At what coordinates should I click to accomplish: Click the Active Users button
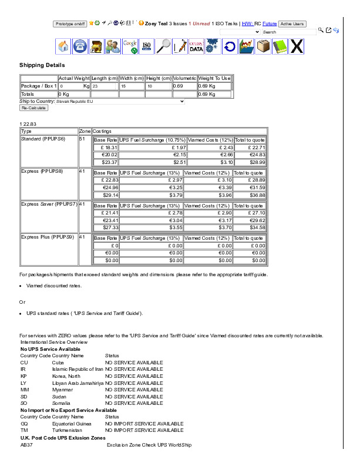pos(292,24)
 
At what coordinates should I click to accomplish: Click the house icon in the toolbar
pos(63,46)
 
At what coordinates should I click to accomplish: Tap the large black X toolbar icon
pos(297,46)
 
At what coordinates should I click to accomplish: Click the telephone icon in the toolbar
pos(80,46)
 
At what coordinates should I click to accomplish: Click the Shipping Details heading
pos(42,65)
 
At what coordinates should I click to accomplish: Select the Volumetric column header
pos(184,78)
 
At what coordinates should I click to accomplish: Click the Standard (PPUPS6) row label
pos(43,139)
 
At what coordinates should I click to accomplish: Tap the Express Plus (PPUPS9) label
pos(48,237)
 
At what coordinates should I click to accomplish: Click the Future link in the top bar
pos(270,24)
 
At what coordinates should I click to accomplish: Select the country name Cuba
pos(58,363)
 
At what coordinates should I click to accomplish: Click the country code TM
pos(24,430)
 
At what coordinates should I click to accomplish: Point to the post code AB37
pos(26,445)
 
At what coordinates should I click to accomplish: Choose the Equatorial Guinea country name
pos(72,423)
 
